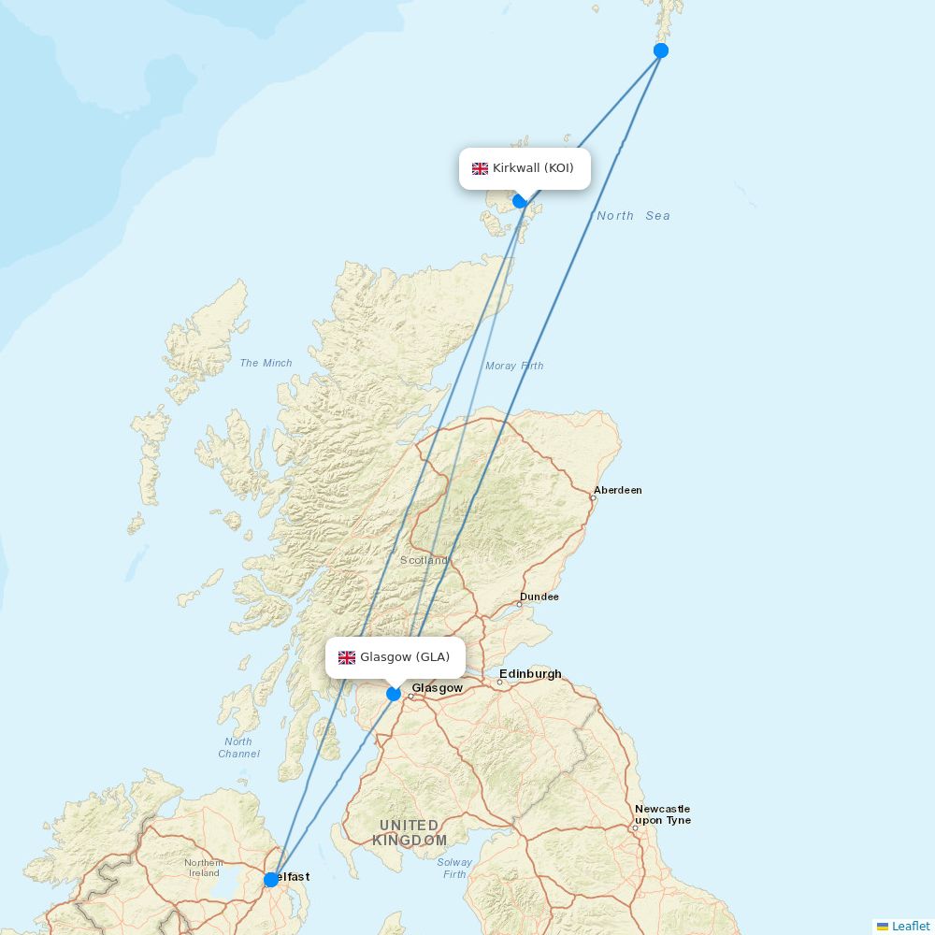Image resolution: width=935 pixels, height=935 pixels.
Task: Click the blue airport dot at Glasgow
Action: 394,693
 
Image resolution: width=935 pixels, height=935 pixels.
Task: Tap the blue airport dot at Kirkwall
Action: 520,200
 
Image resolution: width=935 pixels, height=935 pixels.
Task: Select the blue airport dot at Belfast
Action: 271,879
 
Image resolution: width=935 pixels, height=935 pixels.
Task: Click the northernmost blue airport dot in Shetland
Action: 661,50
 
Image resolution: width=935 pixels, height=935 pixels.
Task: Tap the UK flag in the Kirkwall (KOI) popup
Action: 480,168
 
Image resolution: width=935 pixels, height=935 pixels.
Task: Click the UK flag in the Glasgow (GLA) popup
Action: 347,657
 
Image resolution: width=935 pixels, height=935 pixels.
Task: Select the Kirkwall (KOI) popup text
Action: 533,168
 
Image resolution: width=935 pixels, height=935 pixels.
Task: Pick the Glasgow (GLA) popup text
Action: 405,657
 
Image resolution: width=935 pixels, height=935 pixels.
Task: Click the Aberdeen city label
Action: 618,490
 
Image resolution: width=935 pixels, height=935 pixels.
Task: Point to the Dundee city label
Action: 539,597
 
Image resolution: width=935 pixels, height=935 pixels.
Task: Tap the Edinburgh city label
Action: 530,673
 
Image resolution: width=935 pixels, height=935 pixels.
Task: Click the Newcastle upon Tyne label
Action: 662,814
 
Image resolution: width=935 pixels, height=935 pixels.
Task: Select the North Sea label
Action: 633,216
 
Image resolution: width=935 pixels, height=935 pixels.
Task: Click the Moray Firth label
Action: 514,366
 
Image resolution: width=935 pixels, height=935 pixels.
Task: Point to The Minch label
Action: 266,363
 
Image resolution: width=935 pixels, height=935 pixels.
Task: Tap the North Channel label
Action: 238,747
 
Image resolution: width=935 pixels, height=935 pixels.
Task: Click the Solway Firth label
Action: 454,868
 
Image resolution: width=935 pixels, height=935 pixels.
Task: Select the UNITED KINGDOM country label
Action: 410,832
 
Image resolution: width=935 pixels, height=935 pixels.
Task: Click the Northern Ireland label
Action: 203,868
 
